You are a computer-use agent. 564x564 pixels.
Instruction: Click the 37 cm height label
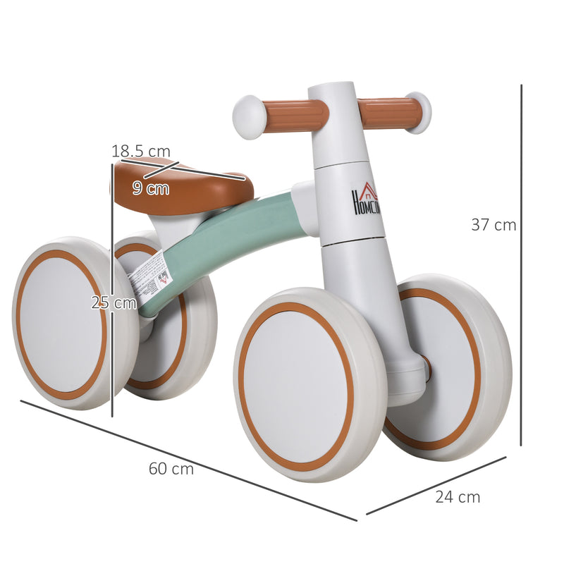click(493, 226)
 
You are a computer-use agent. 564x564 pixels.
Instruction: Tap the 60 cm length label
click(171, 469)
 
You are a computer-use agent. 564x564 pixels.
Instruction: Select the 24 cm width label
click(458, 497)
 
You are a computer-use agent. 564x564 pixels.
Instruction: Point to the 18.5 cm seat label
click(141, 151)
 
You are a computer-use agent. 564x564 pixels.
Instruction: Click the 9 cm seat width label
click(151, 188)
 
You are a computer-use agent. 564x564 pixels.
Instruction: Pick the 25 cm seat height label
click(114, 303)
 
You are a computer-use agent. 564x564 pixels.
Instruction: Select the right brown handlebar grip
click(390, 112)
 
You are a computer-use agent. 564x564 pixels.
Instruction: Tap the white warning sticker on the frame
click(153, 280)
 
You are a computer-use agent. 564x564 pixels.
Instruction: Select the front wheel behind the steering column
click(451, 367)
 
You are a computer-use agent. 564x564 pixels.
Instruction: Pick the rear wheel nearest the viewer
click(70, 323)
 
